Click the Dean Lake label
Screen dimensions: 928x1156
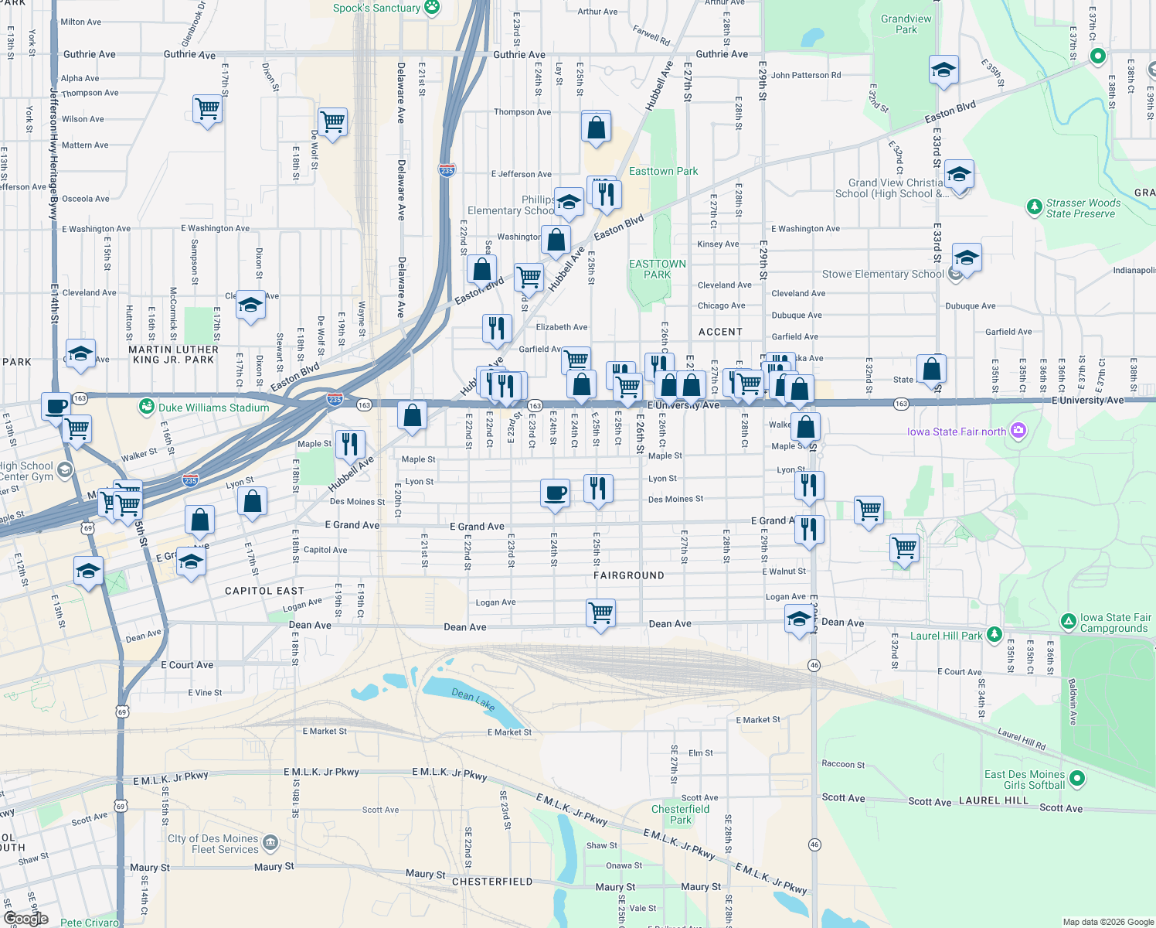tap(474, 699)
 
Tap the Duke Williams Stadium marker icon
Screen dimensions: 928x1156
tap(147, 406)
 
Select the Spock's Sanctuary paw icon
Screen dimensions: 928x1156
tap(432, 8)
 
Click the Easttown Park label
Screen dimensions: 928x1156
tap(663, 171)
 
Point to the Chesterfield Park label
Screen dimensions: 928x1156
tap(680, 814)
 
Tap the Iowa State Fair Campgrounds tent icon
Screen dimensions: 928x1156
tap(1068, 621)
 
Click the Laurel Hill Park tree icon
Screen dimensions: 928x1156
tap(994, 635)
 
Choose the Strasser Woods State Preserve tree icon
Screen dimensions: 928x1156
tap(1034, 207)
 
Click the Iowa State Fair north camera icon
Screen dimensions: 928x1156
tap(1018, 431)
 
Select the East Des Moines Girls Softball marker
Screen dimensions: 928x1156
tap(1077, 778)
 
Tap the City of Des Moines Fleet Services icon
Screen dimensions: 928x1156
tap(270, 842)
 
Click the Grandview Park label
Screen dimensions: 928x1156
tap(906, 24)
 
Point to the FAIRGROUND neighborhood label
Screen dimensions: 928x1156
tap(628, 575)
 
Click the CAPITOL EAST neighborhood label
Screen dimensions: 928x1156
tap(264, 591)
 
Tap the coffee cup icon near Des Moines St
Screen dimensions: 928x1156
tap(555, 493)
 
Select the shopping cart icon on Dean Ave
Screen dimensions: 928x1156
tap(600, 613)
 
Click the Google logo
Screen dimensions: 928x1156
tap(26, 918)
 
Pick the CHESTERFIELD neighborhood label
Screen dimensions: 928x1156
tap(492, 882)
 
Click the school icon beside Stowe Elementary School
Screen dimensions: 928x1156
tap(966, 258)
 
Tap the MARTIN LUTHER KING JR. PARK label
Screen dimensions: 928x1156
tap(174, 354)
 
